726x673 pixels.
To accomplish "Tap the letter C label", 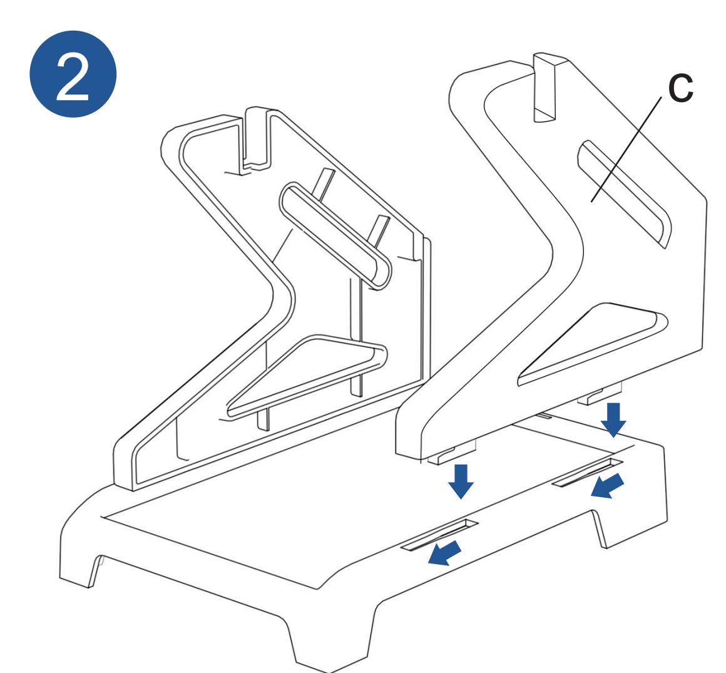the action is coord(680,88).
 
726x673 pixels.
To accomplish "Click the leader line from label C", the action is coord(626,149).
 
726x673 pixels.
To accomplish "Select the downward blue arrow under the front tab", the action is coord(461,481).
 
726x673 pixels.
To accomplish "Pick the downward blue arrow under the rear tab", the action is coord(613,419).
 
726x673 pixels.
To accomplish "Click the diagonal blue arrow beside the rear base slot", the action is coord(608,485).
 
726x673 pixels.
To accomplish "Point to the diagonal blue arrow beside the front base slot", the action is coord(444,553).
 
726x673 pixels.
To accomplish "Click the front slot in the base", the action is coord(439,535).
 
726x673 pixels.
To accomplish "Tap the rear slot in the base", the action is coord(587,473).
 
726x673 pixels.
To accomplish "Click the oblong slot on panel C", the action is coord(624,193).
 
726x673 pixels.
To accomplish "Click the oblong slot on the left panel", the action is coord(335,235).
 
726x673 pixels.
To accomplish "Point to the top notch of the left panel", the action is coord(256,139).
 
